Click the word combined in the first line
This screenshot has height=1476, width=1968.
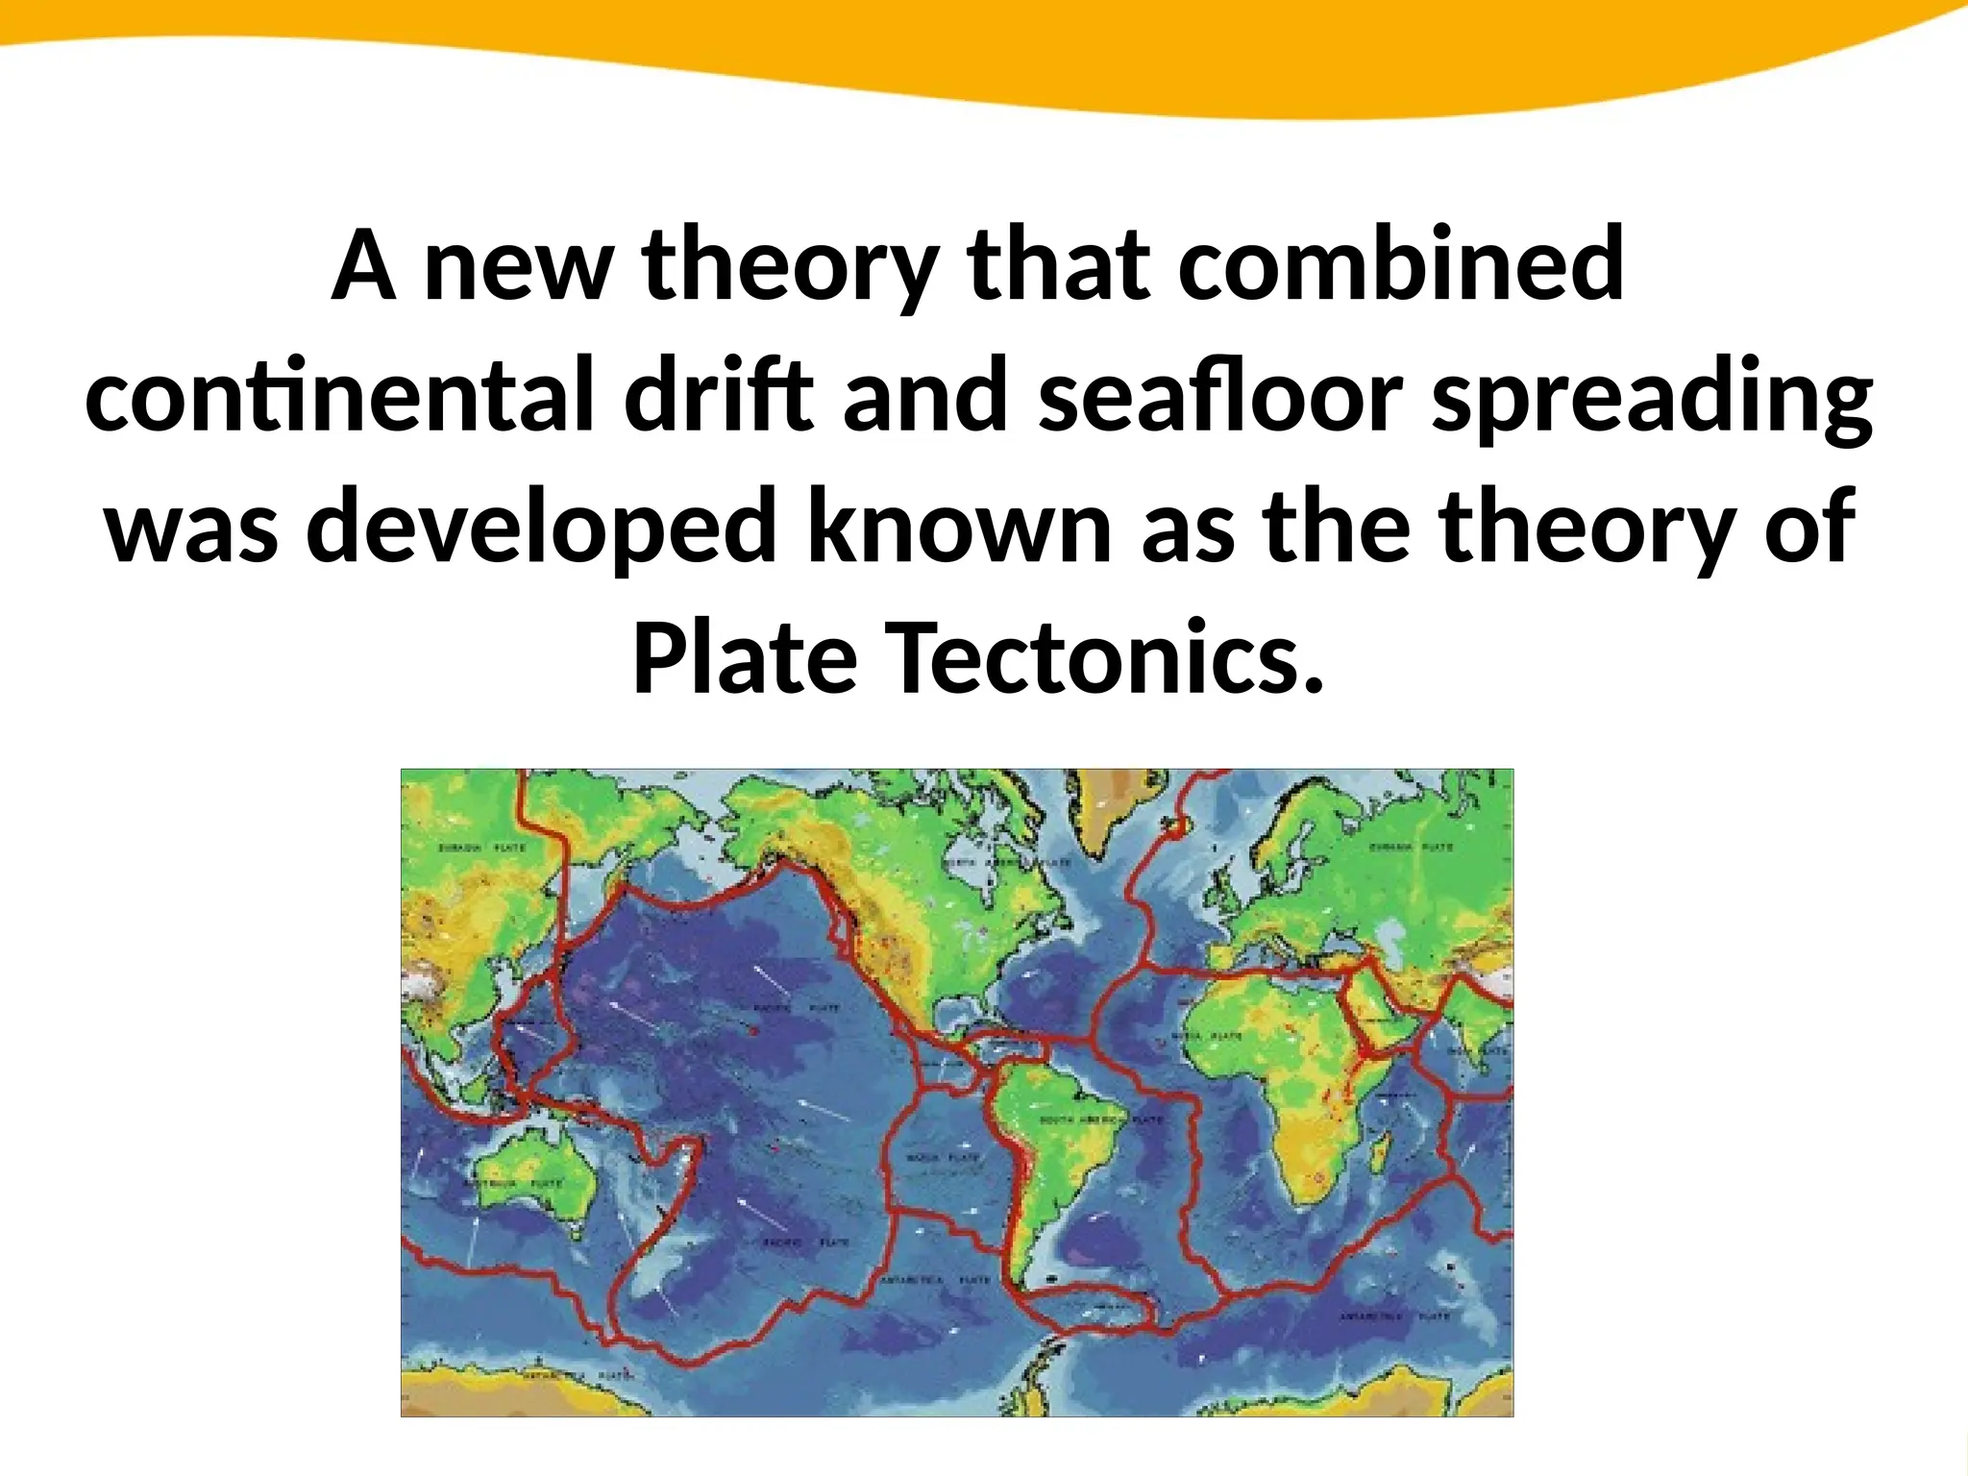tap(1401, 263)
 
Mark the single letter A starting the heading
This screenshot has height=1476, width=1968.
tap(363, 263)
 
